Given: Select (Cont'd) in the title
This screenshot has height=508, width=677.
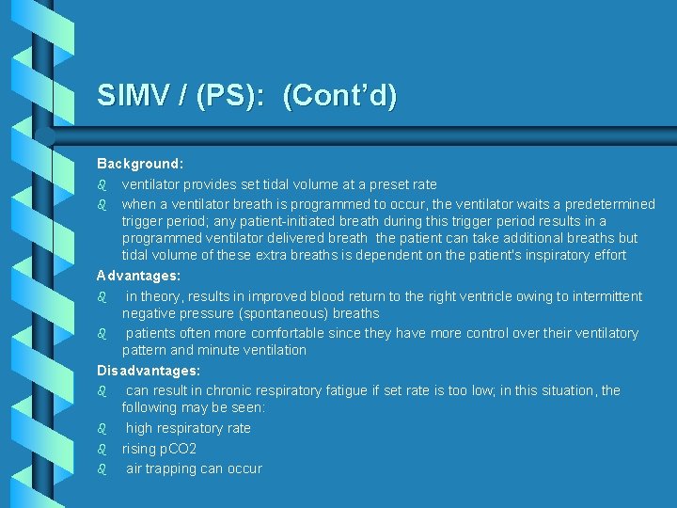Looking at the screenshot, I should coord(339,96).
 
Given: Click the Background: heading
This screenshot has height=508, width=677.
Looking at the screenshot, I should coord(140,164).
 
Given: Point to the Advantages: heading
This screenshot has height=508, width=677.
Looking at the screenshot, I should coord(138,276).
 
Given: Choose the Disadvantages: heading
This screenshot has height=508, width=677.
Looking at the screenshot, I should coord(149,371).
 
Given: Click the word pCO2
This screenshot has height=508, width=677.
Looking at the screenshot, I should coord(179,449).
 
